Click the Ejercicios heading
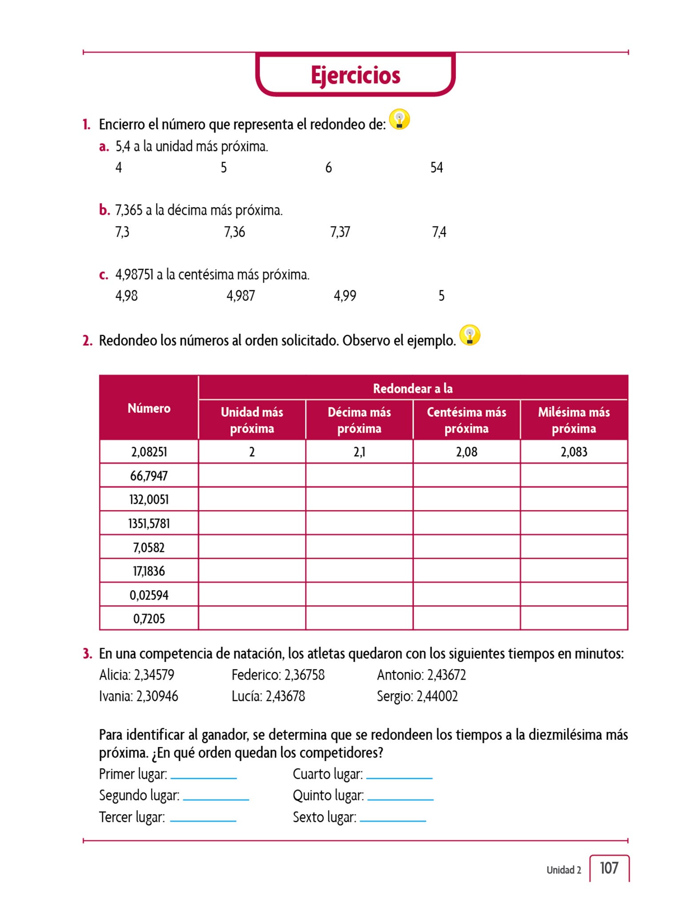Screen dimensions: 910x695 [x=355, y=75]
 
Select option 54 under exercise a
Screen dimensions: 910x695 [x=436, y=168]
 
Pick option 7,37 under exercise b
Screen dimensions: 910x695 [x=340, y=232]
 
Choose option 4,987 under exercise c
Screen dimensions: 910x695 [x=240, y=296]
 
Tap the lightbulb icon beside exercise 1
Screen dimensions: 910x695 [x=399, y=120]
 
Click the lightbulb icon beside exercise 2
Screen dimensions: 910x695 [x=470, y=335]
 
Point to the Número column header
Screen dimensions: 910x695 [x=149, y=408]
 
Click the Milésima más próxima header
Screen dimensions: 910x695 [x=574, y=420]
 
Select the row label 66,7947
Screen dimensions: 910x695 [x=149, y=476]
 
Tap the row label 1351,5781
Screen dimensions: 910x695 [x=149, y=523]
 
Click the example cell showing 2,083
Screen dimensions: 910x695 [x=574, y=452]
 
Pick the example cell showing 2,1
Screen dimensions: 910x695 [x=359, y=452]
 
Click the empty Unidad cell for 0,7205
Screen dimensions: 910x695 [x=252, y=619]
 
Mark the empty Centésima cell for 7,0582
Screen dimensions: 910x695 [x=466, y=547]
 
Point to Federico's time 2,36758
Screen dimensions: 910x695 [x=304, y=675]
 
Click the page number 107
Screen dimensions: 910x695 [x=609, y=868]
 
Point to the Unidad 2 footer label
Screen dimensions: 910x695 [x=563, y=870]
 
